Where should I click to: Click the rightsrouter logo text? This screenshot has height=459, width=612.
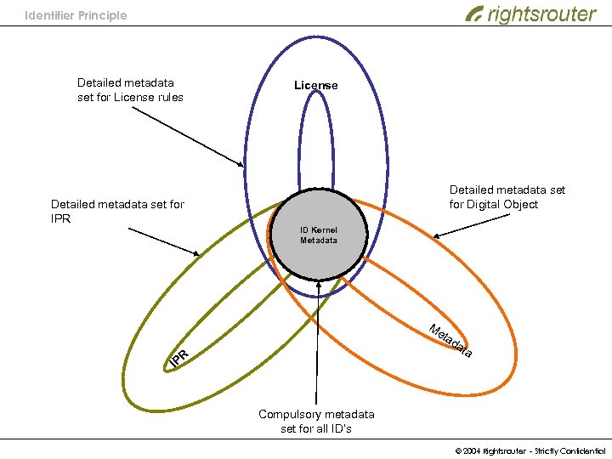(x=541, y=14)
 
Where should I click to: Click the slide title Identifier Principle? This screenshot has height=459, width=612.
(x=76, y=15)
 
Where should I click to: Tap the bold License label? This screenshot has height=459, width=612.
(x=315, y=85)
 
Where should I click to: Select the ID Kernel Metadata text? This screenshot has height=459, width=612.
(x=319, y=235)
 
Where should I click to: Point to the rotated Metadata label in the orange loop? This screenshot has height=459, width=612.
(x=450, y=340)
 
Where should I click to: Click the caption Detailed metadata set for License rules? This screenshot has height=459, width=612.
(x=130, y=89)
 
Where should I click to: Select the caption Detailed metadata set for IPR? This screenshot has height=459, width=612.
(x=117, y=211)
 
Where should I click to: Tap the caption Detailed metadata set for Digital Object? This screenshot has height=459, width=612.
(x=507, y=197)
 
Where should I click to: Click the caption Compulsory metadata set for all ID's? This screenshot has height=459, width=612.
(x=316, y=421)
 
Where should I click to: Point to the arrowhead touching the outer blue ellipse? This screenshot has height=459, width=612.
(x=241, y=164)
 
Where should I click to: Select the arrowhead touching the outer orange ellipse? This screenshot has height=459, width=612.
(x=435, y=236)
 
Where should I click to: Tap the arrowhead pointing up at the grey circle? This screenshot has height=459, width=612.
(x=319, y=286)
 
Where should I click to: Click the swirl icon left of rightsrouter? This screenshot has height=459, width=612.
(x=474, y=14)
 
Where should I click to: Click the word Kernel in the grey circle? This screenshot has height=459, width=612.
(x=325, y=230)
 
